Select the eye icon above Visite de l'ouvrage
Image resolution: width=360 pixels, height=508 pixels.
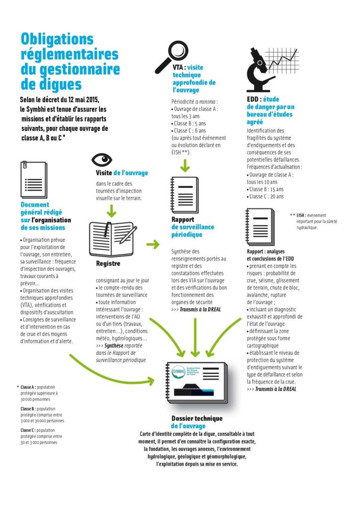[x=103, y=160]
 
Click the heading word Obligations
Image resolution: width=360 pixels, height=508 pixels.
[x=57, y=39]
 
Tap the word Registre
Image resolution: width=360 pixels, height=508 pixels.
[x=108, y=263]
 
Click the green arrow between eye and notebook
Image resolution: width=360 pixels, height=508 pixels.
[x=111, y=210]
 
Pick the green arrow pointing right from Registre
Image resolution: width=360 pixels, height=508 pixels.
[x=153, y=244]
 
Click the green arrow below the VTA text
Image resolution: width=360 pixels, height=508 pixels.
[x=185, y=165]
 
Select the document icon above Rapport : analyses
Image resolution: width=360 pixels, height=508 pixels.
[x=259, y=226]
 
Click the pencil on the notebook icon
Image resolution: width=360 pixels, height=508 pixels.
[x=128, y=234]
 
